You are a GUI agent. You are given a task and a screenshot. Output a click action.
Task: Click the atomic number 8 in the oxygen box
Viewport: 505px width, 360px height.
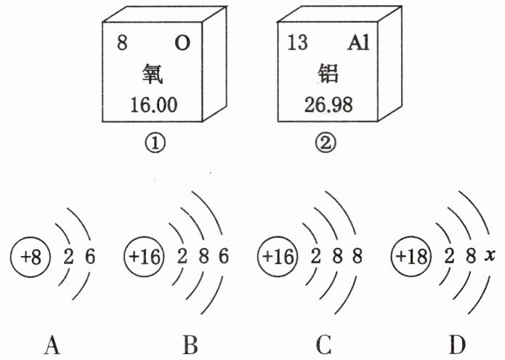(x=122, y=43)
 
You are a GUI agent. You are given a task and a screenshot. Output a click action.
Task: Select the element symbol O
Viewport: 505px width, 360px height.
(x=182, y=43)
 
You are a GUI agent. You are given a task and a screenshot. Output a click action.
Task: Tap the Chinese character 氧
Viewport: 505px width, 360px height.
(x=153, y=73)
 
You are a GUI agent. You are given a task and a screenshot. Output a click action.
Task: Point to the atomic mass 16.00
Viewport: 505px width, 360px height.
(x=154, y=105)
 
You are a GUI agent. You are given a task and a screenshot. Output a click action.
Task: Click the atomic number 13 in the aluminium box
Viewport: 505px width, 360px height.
(x=297, y=42)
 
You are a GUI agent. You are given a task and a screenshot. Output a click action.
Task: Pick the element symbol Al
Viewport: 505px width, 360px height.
(x=358, y=43)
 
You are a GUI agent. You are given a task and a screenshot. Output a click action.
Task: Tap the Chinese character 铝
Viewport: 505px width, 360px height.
(x=328, y=73)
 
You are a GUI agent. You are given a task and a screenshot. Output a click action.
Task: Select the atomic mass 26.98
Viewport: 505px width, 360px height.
(x=328, y=105)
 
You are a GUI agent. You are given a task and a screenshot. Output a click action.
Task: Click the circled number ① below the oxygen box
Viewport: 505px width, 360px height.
(x=155, y=143)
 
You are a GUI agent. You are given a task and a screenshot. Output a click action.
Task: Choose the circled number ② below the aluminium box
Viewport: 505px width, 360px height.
(x=325, y=143)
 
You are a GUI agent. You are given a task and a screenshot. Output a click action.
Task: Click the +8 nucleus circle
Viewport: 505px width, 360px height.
(x=31, y=257)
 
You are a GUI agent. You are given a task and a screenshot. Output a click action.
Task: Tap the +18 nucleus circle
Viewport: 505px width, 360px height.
(x=411, y=257)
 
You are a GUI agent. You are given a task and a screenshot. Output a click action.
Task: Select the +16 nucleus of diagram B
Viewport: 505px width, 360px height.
(x=144, y=257)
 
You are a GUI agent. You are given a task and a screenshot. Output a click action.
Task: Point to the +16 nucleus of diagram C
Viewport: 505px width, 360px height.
(x=278, y=257)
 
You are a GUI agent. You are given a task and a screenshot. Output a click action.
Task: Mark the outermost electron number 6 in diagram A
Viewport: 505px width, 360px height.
(x=90, y=257)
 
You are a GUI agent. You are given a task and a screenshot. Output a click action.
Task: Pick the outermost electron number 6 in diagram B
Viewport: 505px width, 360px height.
(x=224, y=257)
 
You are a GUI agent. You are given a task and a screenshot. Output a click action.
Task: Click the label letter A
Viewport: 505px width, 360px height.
(x=52, y=345)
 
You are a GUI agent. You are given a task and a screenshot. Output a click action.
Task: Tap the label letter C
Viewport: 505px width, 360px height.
(x=323, y=345)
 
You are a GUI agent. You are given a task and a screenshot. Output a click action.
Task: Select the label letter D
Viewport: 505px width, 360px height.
(x=457, y=345)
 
